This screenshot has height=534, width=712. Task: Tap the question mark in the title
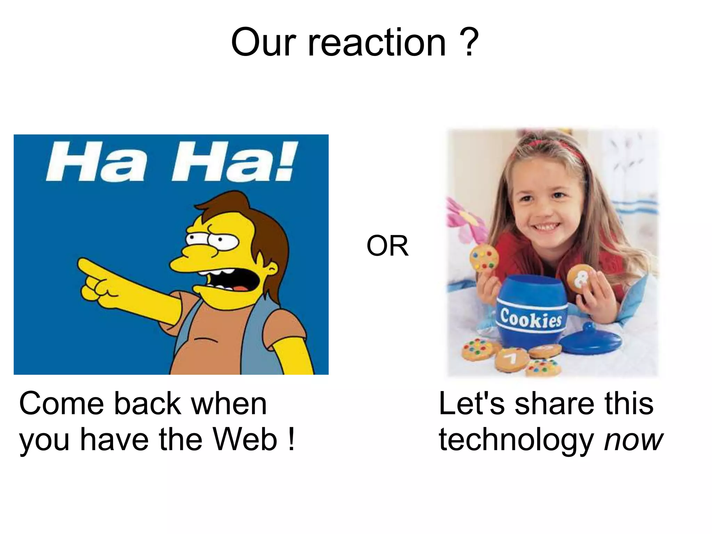point(470,42)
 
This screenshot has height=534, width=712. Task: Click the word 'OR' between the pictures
point(387,246)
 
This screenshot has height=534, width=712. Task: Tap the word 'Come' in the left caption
point(61,403)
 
